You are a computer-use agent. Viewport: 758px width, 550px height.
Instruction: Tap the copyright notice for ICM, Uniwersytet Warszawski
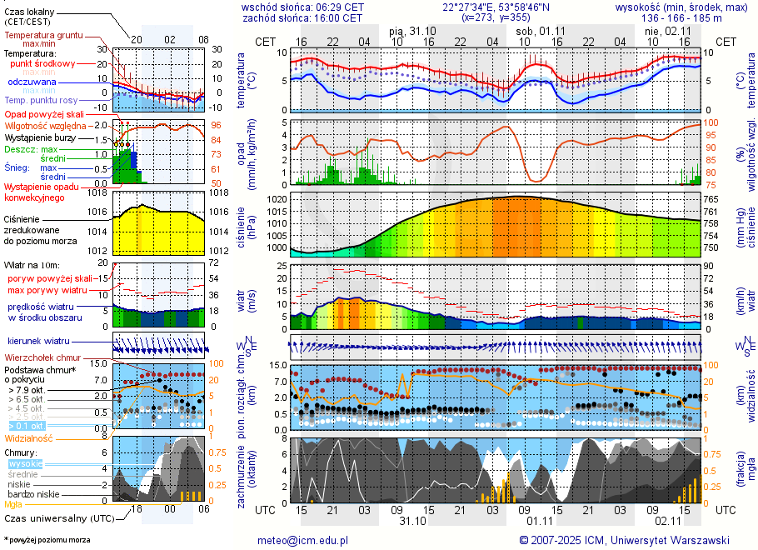point(624,540)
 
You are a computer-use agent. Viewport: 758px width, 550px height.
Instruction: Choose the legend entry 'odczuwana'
point(32,82)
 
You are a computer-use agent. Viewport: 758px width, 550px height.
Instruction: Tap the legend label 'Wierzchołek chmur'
point(42,357)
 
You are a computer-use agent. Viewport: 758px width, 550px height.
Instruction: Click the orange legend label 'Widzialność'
point(29,437)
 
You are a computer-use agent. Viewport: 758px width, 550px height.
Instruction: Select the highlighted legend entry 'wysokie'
point(25,462)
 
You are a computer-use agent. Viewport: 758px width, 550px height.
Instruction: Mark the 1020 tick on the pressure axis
point(277,200)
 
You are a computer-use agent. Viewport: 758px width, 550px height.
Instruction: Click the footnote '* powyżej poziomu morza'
point(47,540)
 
